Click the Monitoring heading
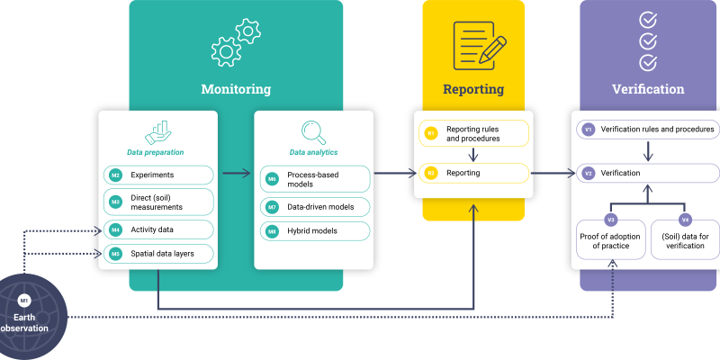coord(236,89)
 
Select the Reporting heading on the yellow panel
coord(473,89)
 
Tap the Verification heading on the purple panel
coord(648,89)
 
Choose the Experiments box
coord(159,175)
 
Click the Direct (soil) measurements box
coord(159,202)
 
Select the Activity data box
coord(159,229)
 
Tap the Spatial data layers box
coord(159,255)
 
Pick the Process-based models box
coord(314,179)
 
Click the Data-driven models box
coord(314,207)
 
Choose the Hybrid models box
coord(314,230)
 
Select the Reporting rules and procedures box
coord(473,134)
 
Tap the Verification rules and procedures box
coord(648,130)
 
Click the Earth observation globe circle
coord(25,315)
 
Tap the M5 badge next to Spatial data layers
coord(116,255)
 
